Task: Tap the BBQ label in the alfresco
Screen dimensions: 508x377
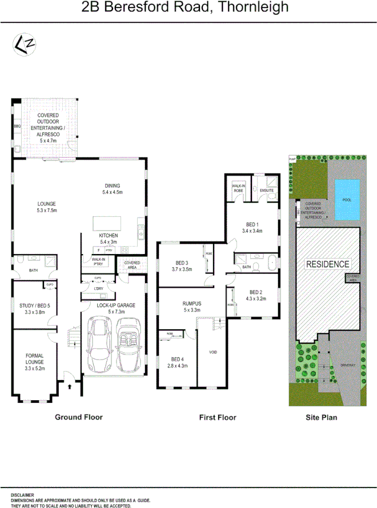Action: click(17, 126)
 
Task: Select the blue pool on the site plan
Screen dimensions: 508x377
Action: click(347, 199)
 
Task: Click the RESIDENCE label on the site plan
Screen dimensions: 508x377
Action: click(327, 264)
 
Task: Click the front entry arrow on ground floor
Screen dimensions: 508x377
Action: click(70, 386)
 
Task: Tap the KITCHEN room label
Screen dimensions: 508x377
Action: click(109, 235)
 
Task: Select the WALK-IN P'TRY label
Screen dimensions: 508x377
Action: click(98, 262)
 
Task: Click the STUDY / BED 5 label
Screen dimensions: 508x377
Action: click(35, 309)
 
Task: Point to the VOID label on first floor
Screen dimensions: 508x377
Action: click(212, 353)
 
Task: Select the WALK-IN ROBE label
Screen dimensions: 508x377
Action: click(238, 189)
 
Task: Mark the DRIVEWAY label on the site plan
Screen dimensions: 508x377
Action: click(348, 364)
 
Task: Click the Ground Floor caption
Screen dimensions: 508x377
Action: click(79, 417)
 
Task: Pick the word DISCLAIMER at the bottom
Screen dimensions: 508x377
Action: click(22, 495)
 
